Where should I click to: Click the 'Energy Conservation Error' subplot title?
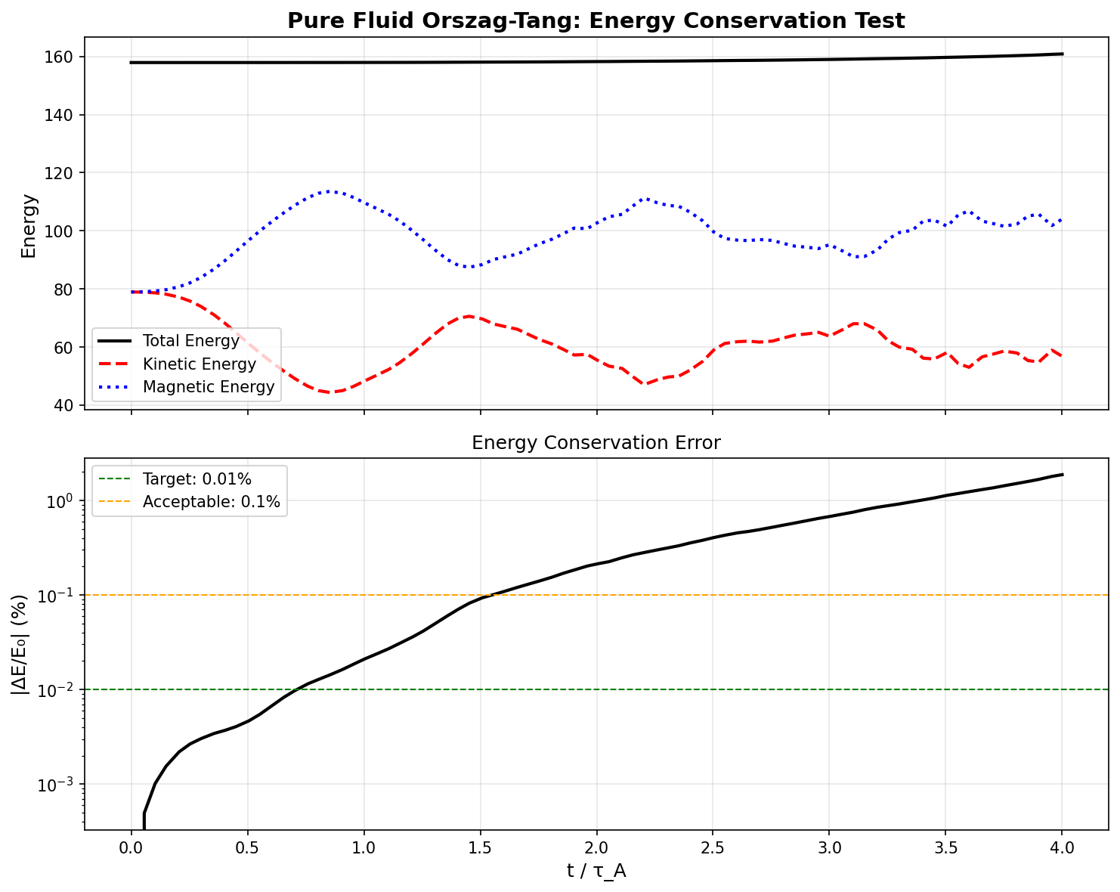tap(596, 443)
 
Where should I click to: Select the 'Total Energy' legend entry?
tap(190, 341)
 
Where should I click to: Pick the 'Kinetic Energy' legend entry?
tap(199, 364)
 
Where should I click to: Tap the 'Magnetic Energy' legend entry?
tap(208, 388)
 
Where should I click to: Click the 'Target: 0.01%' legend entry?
tap(196, 479)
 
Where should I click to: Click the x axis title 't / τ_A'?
tap(596, 872)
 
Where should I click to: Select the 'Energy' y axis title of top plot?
tap(29, 225)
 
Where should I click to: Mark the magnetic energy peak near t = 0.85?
tap(330, 191)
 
